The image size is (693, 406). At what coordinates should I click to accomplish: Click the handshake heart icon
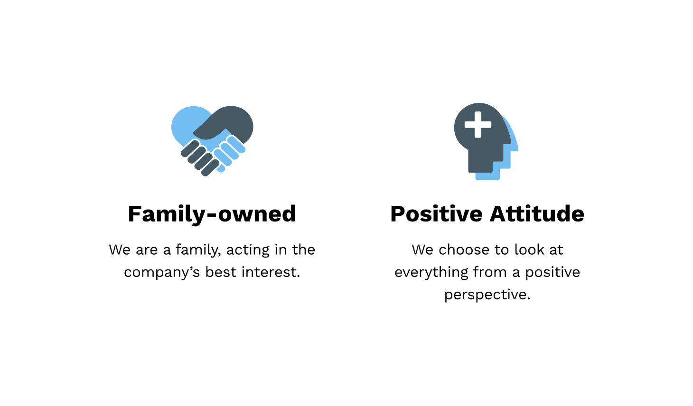pyautogui.click(x=212, y=141)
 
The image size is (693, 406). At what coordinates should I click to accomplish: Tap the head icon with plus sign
pyautogui.click(x=486, y=141)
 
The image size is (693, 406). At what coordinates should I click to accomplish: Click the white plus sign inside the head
pyautogui.click(x=478, y=125)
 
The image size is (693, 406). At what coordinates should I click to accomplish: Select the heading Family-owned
pyautogui.click(x=212, y=214)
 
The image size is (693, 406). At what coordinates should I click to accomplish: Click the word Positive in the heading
pyautogui.click(x=436, y=213)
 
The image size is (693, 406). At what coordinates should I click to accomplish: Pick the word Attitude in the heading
pyautogui.click(x=537, y=213)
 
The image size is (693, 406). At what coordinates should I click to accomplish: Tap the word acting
pyautogui.click(x=248, y=250)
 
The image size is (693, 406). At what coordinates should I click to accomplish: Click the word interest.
pyautogui.click(x=271, y=272)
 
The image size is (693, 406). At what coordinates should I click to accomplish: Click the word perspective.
pyautogui.click(x=487, y=295)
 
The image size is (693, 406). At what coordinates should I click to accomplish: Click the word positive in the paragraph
pyautogui.click(x=553, y=273)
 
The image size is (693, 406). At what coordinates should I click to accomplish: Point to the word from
pyautogui.click(x=490, y=272)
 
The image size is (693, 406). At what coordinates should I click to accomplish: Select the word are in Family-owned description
pyautogui.click(x=147, y=250)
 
